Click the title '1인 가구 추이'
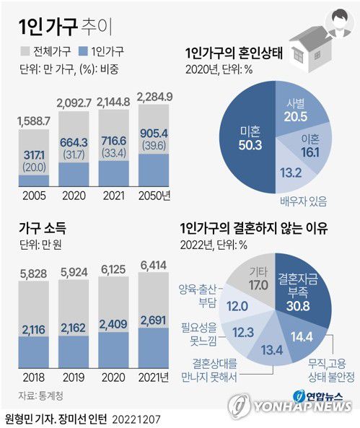[x=63, y=27]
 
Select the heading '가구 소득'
[x=43, y=229]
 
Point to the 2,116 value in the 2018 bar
[x=33, y=331]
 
